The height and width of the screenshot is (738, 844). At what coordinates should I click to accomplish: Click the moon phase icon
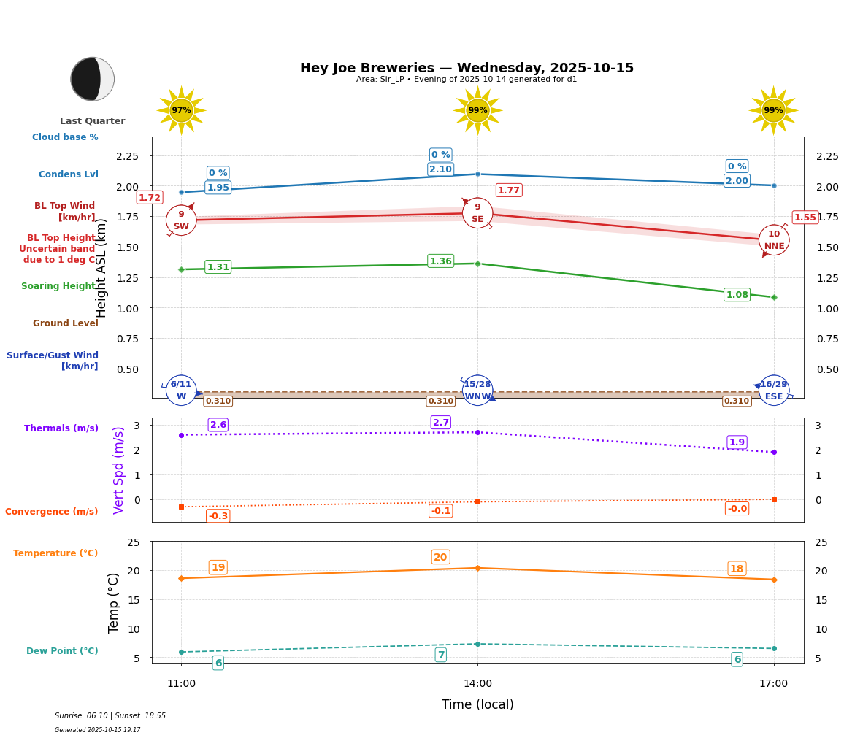92,79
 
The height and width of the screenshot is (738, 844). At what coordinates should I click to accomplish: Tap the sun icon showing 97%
181,110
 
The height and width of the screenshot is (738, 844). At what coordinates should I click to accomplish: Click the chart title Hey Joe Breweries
467,68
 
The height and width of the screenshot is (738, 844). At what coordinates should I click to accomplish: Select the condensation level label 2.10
440,169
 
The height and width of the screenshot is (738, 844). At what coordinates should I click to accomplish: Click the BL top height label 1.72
149,198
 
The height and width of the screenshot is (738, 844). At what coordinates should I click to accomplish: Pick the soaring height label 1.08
737,295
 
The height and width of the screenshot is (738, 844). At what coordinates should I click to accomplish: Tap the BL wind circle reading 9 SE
477,212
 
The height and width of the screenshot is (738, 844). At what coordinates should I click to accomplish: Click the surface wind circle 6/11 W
181,390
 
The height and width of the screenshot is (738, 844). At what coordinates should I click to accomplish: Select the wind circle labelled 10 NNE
774,239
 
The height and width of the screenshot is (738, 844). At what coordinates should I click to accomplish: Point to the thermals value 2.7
440,423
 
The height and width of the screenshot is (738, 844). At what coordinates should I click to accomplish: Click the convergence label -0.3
218,516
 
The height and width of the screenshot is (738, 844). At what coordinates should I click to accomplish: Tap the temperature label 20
440,557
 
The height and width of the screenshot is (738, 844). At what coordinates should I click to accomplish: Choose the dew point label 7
440,655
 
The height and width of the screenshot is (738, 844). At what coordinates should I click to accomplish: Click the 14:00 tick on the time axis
477,683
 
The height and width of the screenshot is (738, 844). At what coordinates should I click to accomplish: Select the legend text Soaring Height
58,286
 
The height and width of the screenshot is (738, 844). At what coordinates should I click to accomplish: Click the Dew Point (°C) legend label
62,651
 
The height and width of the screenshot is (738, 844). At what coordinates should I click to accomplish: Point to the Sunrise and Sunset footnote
110,716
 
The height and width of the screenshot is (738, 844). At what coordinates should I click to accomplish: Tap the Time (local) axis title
477,704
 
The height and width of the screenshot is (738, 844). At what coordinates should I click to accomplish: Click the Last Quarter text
92,121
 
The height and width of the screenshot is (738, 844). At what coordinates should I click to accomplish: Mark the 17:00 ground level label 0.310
736,401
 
